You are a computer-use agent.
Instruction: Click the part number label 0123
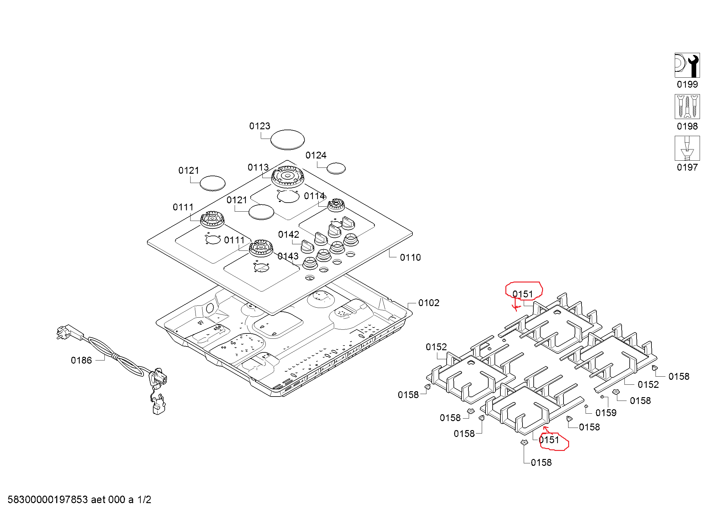tap(260, 126)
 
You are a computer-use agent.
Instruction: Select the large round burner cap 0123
tap(288, 139)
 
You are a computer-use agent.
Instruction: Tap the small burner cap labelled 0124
tap(336, 168)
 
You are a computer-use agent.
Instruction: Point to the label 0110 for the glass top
tap(410, 257)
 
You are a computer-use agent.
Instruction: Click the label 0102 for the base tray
tap(429, 303)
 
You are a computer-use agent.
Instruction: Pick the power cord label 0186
tap(81, 360)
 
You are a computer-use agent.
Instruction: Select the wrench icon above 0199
tap(687, 65)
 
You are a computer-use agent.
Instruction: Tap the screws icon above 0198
tap(687, 107)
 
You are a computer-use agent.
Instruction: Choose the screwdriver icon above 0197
tap(687, 148)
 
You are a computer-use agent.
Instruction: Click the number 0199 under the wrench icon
tap(687, 85)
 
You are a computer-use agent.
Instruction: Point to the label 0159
tap(606, 413)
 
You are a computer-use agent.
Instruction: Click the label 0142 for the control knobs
tap(288, 235)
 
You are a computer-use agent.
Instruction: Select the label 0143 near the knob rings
tap(288, 256)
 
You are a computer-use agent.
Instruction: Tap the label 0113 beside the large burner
tap(258, 167)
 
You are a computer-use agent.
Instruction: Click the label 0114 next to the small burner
tap(314, 196)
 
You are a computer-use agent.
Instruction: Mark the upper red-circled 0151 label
tap(523, 294)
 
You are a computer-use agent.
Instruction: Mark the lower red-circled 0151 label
tap(549, 440)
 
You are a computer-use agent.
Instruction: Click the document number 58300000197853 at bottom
tap(48, 499)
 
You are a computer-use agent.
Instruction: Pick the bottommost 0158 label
tap(541, 463)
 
